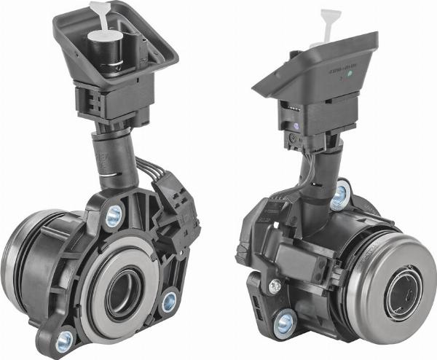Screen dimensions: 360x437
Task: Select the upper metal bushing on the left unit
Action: click(114, 216)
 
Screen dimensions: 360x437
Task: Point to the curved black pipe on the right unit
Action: click(319, 189)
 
